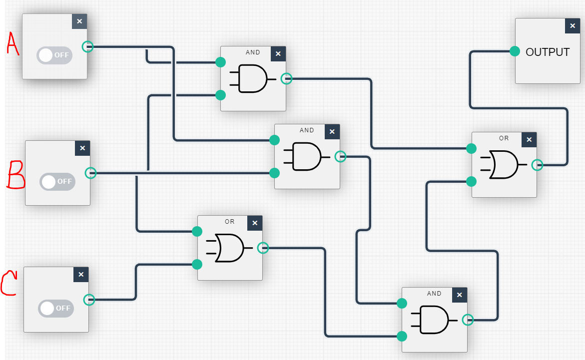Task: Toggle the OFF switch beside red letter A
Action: [x=54, y=55]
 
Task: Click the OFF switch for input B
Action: [x=57, y=181]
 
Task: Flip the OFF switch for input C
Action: [x=55, y=308]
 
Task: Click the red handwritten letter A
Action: [x=12, y=43]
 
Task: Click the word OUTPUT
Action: [x=548, y=52]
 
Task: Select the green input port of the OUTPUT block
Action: [x=515, y=51]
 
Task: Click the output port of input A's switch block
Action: [x=87, y=46]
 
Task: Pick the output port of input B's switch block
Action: [x=90, y=173]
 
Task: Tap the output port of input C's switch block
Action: [x=89, y=300]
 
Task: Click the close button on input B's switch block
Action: [x=82, y=148]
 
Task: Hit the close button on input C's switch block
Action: [x=81, y=274]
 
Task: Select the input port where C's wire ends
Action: [x=197, y=264]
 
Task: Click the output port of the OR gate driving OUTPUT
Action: [x=537, y=164]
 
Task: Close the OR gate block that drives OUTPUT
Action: [x=529, y=140]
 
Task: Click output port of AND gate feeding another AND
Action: [x=340, y=156]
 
